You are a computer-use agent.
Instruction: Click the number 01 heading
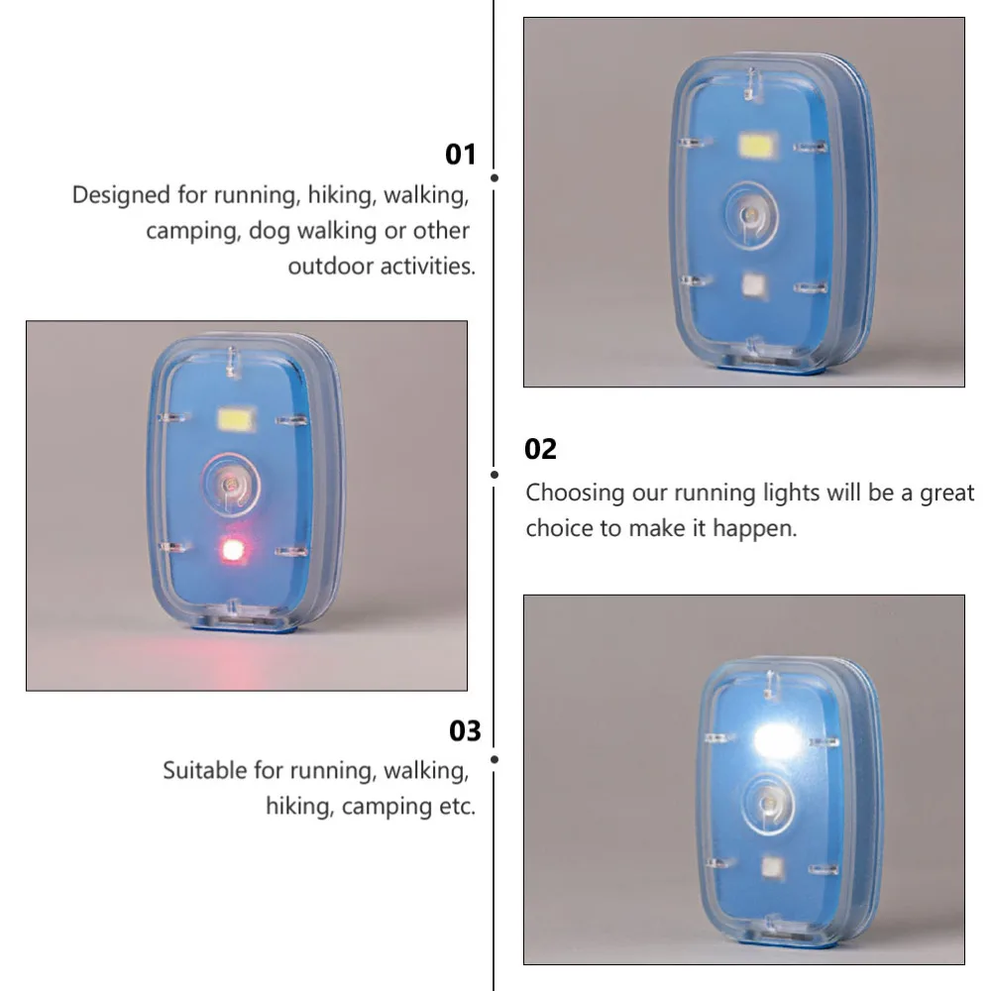click(461, 155)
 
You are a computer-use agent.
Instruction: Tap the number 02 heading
click(541, 449)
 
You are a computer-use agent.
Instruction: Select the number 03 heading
click(465, 731)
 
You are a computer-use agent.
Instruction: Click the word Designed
click(121, 195)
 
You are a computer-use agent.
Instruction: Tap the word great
click(947, 493)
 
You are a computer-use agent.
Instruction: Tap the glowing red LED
click(233, 549)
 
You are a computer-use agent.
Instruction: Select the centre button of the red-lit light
click(230, 484)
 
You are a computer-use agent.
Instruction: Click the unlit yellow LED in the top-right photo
click(759, 147)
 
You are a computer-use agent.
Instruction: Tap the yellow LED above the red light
click(237, 420)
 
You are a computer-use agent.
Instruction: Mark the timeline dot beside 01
click(495, 178)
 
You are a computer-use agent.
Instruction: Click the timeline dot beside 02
click(495, 474)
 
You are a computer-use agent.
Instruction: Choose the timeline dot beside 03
click(495, 759)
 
